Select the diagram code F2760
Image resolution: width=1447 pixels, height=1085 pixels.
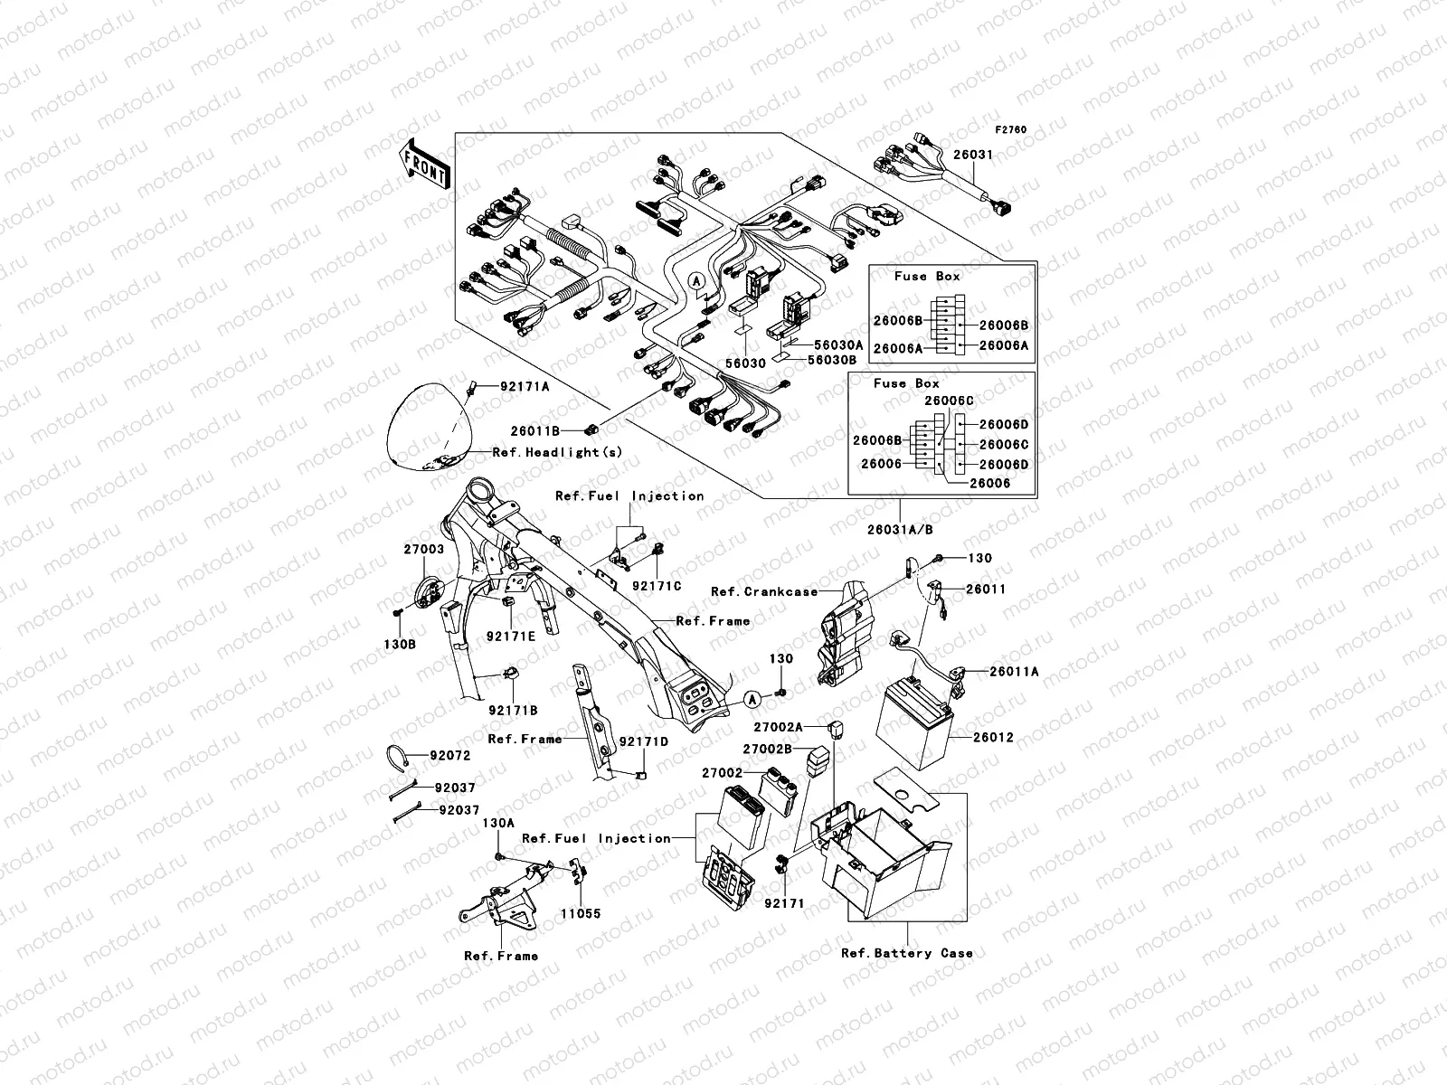tap(1012, 130)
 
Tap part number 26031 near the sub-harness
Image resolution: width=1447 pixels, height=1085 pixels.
tap(974, 155)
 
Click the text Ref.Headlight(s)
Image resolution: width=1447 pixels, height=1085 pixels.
tap(557, 451)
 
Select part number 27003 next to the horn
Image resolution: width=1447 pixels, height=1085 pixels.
tap(423, 549)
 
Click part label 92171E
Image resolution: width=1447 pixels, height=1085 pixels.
tap(511, 636)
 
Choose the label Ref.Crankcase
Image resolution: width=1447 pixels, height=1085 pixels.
tap(763, 591)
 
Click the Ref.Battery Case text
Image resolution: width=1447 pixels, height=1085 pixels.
tap(906, 953)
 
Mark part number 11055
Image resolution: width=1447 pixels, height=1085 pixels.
tap(580, 913)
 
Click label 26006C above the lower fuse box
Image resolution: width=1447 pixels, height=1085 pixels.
tap(949, 401)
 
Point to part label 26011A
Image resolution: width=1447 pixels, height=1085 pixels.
tap(1014, 671)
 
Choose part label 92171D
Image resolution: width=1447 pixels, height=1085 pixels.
tap(644, 741)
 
